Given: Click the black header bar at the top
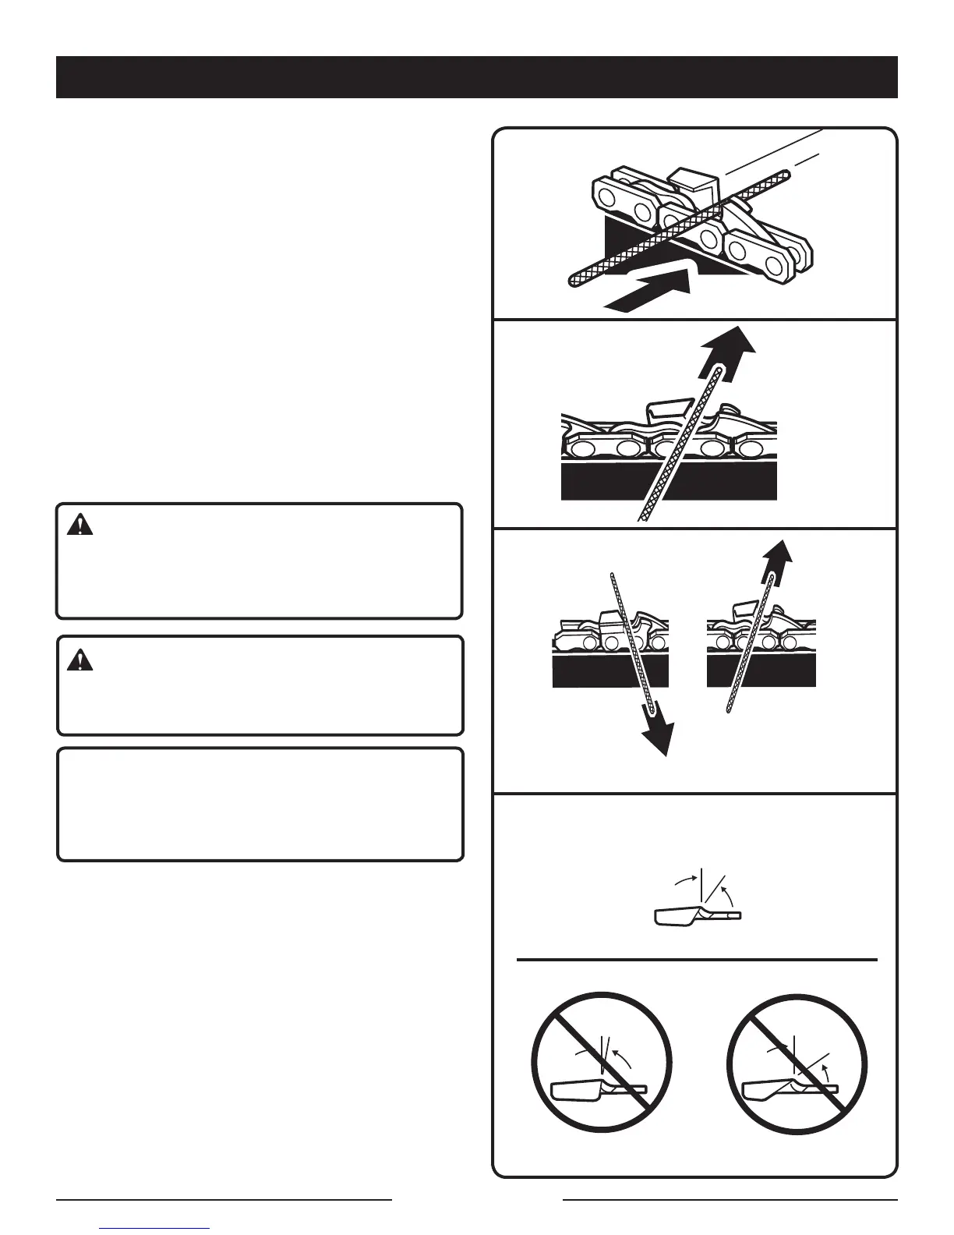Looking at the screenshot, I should [x=476, y=76].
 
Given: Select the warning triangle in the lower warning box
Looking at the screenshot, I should [x=79, y=660].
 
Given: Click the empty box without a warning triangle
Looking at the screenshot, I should [x=260, y=805].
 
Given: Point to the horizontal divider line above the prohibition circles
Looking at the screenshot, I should [x=697, y=960].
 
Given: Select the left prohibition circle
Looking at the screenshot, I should [x=601, y=1060].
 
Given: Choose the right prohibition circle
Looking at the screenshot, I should [x=797, y=1060].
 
